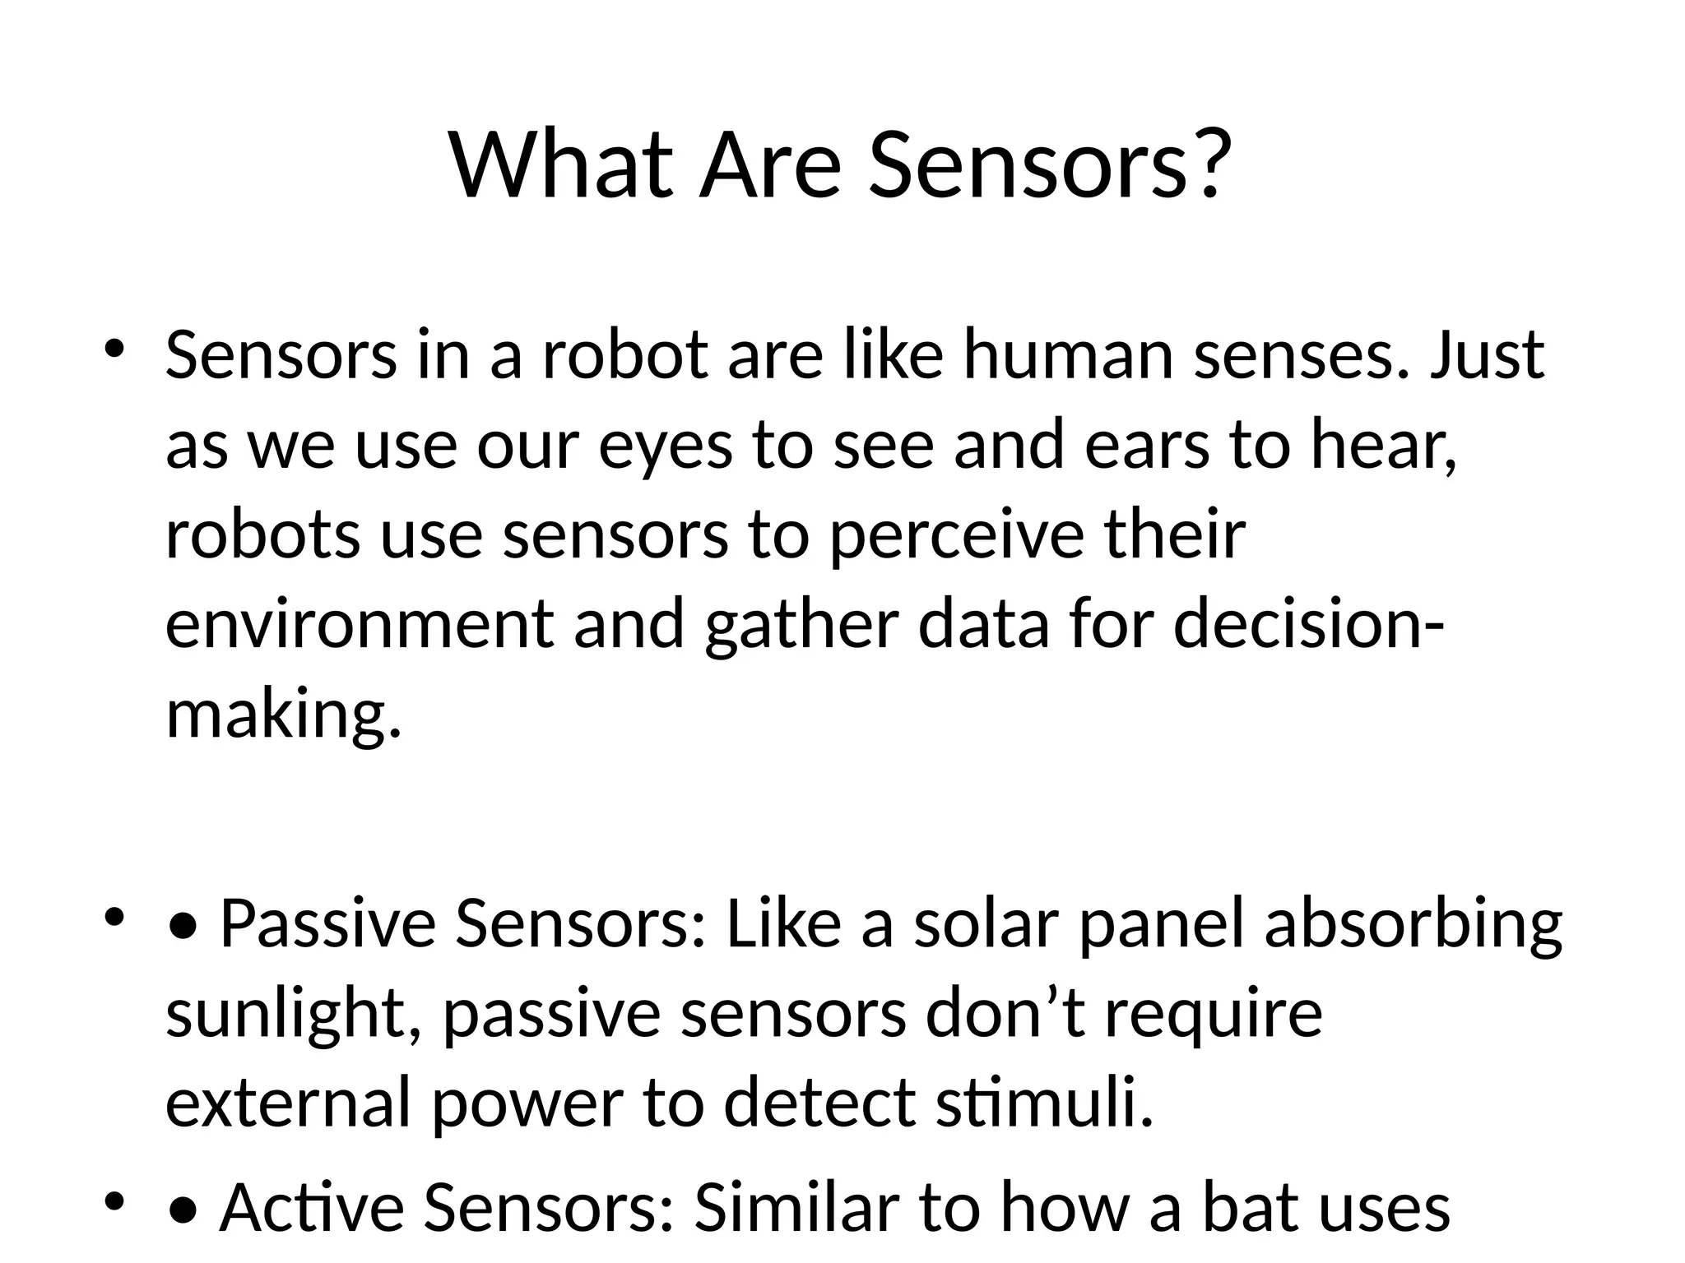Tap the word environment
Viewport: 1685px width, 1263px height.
[x=359, y=623]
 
